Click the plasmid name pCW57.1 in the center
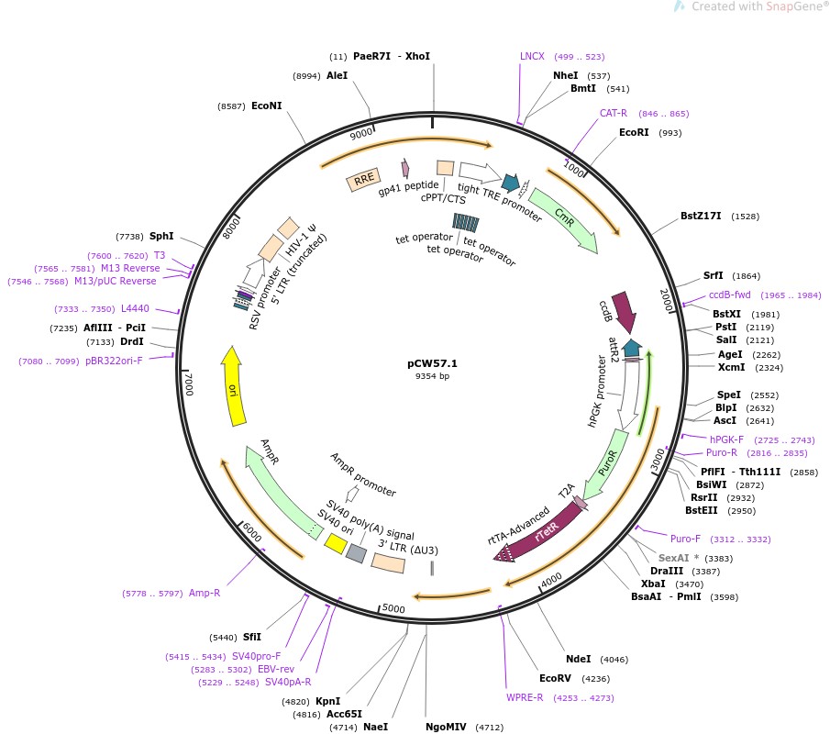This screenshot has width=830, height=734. (433, 363)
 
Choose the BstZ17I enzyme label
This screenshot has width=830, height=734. (701, 217)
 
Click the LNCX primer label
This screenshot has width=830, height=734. (532, 57)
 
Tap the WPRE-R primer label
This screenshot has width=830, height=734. (525, 697)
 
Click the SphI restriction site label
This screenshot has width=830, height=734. (161, 236)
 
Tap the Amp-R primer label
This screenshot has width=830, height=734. (205, 594)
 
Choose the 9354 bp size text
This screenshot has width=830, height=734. (433, 376)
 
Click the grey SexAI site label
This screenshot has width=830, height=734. (676, 558)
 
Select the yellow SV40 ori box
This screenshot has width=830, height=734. (336, 544)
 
